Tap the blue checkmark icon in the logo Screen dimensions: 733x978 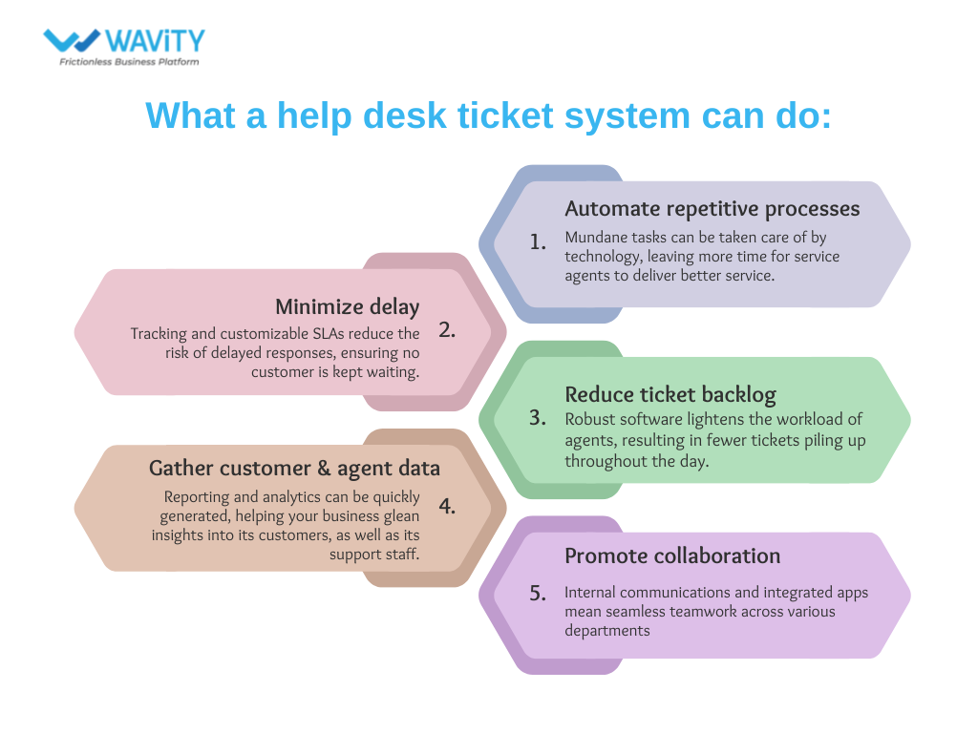click(x=71, y=40)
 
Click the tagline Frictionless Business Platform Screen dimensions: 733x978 click(x=130, y=61)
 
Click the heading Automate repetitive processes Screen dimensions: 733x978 click(x=712, y=208)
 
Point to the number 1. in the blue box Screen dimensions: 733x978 click(x=539, y=241)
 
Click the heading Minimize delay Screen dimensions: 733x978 click(x=348, y=306)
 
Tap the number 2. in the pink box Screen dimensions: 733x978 click(x=447, y=330)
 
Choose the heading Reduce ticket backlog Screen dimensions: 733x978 click(x=670, y=394)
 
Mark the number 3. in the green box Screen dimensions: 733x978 click(x=539, y=417)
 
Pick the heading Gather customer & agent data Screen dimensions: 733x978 click(x=294, y=468)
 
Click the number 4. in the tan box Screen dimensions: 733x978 click(x=447, y=506)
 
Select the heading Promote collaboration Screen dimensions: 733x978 click(x=672, y=555)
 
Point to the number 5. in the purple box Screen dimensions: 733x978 click(x=539, y=593)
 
